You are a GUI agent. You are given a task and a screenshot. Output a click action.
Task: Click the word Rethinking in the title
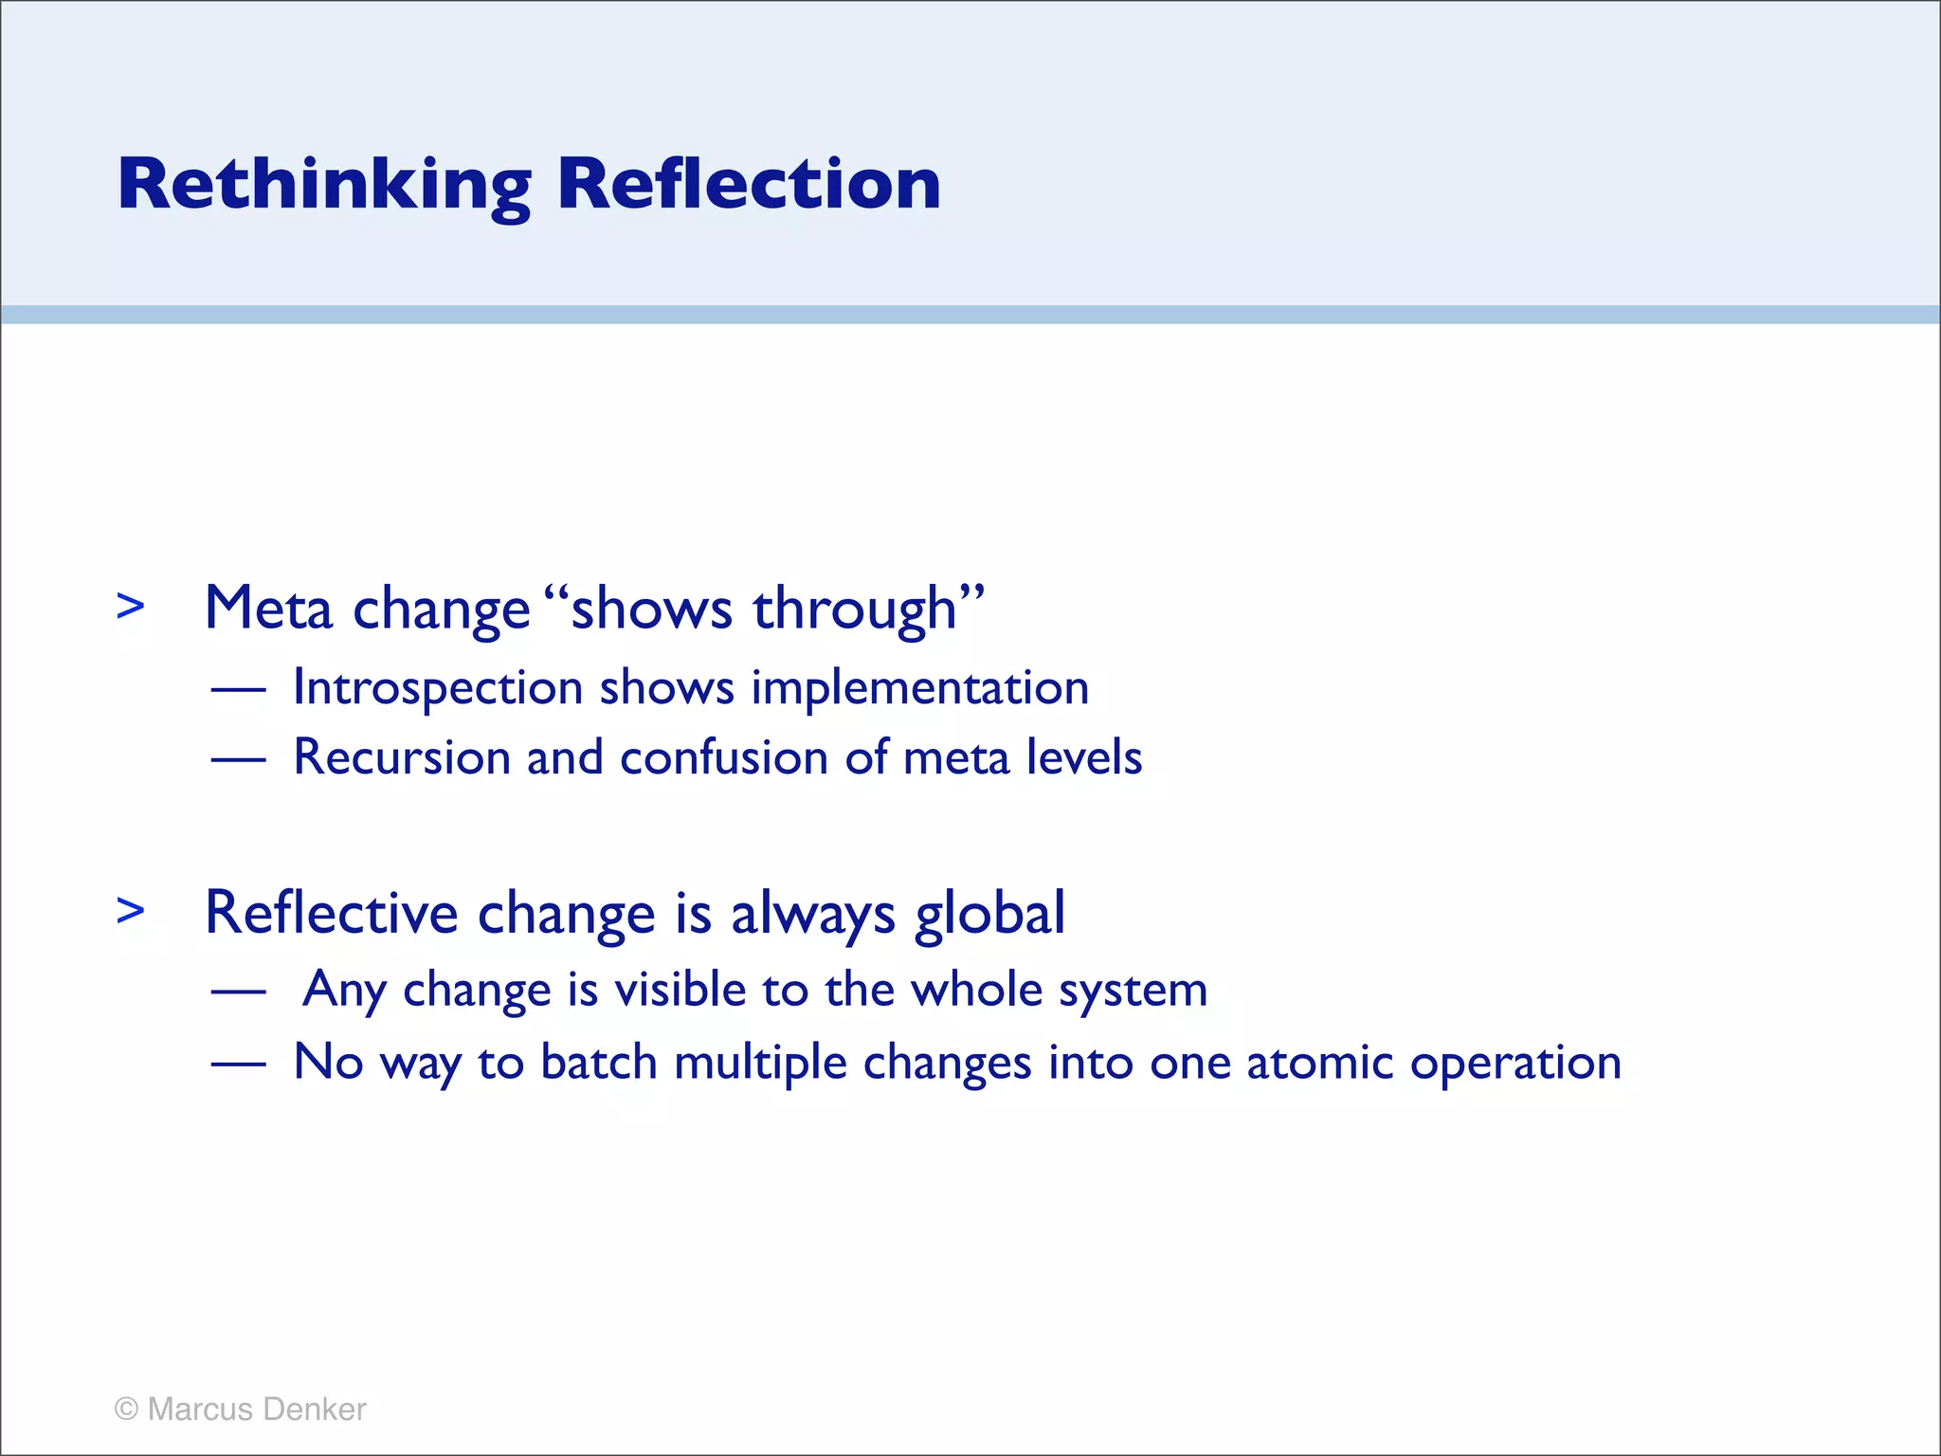[x=324, y=185]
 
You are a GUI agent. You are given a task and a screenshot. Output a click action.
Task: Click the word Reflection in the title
[x=749, y=185]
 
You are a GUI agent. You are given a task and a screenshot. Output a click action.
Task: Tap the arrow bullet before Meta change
[x=131, y=607]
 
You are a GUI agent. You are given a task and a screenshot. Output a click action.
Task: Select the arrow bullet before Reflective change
[x=131, y=912]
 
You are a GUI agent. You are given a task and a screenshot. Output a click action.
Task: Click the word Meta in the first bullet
[x=268, y=609]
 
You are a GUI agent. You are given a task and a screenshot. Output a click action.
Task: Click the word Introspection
[x=438, y=689]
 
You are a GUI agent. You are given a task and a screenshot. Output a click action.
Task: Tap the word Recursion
[x=402, y=758]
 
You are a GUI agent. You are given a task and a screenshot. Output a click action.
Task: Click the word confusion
[x=724, y=758]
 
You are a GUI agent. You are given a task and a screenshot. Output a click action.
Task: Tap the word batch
[x=598, y=1062]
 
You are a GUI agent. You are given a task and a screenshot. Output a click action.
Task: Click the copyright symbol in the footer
[x=126, y=1410]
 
